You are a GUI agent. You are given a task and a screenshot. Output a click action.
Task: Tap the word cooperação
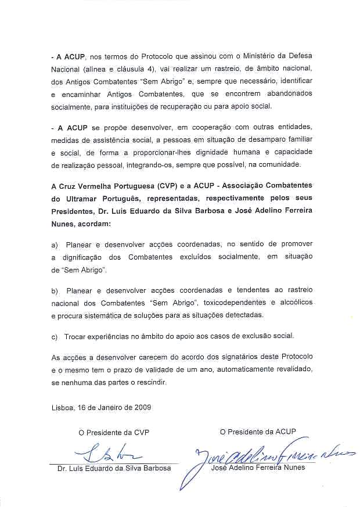point(209,127)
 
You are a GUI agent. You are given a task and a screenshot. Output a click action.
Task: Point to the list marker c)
point(55,336)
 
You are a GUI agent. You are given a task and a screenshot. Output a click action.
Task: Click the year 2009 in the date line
point(143,408)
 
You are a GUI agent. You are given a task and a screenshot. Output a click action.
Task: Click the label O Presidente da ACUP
point(258,432)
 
